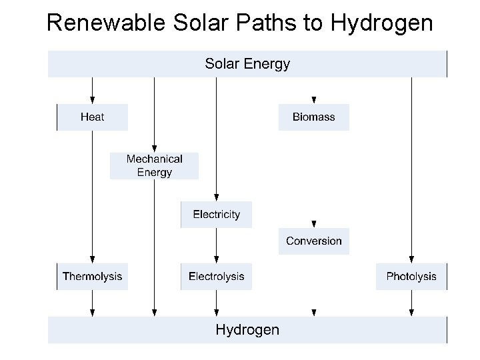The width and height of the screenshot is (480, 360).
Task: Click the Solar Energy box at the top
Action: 247,64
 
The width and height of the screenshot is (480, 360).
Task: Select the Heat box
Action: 92,117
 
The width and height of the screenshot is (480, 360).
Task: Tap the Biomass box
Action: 313,117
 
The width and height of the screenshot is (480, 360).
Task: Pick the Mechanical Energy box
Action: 154,165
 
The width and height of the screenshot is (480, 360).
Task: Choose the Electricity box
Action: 216,215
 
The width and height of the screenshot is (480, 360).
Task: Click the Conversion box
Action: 313,241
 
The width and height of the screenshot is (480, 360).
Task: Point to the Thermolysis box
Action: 92,276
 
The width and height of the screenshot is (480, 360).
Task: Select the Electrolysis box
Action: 216,276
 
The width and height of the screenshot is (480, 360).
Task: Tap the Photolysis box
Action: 411,276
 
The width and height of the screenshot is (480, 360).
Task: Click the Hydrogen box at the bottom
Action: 247,329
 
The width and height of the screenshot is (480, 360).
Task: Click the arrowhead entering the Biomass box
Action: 313,100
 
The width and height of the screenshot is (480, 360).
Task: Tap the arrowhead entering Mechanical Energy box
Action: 154,148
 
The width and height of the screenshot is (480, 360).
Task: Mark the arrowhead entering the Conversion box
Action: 313,224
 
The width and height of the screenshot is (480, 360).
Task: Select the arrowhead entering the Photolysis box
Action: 411,259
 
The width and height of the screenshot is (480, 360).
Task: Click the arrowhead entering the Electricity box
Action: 216,197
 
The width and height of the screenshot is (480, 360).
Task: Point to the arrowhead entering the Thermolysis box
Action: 92,259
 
